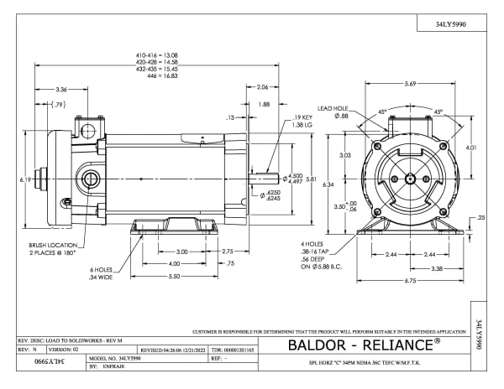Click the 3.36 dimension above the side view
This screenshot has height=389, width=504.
(x=61, y=89)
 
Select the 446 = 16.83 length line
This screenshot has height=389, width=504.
(x=157, y=75)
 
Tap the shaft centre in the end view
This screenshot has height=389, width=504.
(x=409, y=179)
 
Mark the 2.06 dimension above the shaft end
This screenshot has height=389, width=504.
(x=262, y=87)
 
